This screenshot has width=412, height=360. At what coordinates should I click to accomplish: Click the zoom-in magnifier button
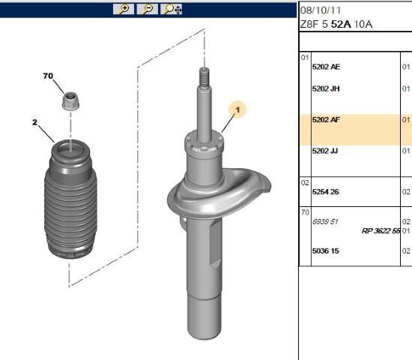click(x=124, y=9)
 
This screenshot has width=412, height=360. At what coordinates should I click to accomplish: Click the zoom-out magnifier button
click(x=147, y=9)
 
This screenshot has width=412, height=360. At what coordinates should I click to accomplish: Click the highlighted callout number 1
click(x=237, y=109)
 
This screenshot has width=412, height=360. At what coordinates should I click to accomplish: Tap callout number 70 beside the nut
click(x=48, y=76)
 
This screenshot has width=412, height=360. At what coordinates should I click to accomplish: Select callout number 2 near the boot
click(x=35, y=122)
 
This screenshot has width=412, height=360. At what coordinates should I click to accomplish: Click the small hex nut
click(x=70, y=101)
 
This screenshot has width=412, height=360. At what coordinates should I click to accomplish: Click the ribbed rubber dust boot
click(x=70, y=199)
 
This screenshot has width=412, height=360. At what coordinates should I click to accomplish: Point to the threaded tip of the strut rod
click(x=205, y=76)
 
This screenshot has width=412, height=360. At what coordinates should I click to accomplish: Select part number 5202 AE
click(x=326, y=67)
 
